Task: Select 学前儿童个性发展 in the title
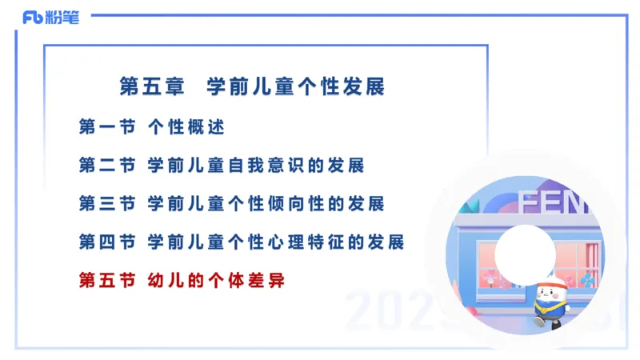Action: point(296,87)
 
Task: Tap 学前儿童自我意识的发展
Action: point(256,166)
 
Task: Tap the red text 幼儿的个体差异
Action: point(216,280)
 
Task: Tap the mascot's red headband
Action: point(553,282)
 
